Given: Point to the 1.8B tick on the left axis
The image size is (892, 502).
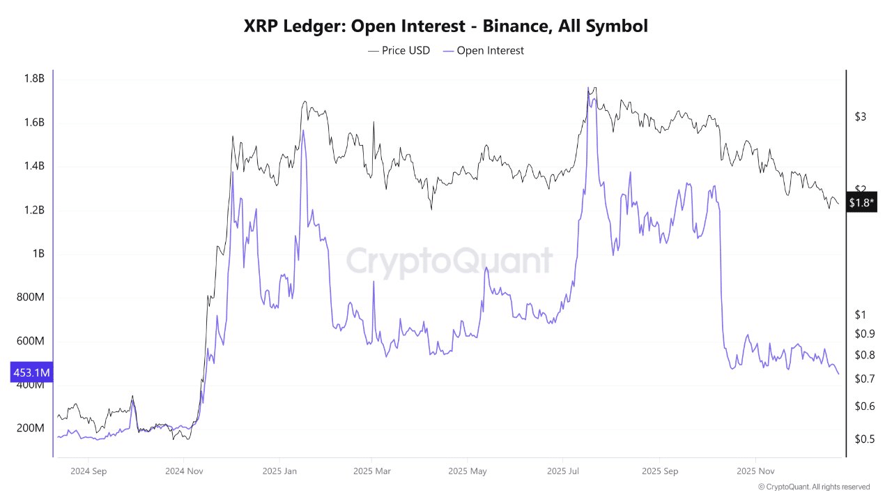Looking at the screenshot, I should point(33,79).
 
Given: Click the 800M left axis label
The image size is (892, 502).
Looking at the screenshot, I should point(30,298).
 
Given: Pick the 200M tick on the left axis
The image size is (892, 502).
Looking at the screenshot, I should point(30,428).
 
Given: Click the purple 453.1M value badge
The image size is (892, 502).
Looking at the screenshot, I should point(31,373).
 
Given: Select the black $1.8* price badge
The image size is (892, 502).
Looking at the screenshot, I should point(861,203).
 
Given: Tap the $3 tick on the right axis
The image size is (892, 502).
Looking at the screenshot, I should point(860,116).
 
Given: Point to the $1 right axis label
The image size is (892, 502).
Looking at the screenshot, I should point(860,314).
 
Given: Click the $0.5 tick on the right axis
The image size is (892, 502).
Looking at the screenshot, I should point(864,439).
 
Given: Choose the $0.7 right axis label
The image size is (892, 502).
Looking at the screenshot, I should point(864,379).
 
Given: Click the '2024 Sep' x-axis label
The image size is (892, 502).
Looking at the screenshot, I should point(89,471).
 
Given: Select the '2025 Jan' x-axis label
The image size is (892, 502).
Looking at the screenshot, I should point(280,471).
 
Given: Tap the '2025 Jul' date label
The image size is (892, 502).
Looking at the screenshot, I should point(564,471).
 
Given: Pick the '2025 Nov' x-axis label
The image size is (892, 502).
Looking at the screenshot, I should point(755,471).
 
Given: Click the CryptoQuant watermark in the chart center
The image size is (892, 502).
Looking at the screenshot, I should point(449,261).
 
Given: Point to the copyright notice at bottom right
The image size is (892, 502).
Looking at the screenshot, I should point(813,487).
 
